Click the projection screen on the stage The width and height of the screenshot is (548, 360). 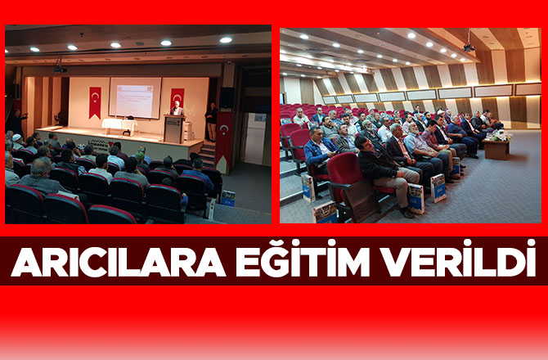click(x=135, y=98)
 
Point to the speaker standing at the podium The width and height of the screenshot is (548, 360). click(x=175, y=110)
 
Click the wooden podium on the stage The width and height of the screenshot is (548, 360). click(x=173, y=128)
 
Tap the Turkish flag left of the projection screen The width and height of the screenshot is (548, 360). click(x=95, y=101)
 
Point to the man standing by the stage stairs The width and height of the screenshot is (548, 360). click(x=211, y=120)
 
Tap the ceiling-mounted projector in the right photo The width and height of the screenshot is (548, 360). click(x=469, y=47)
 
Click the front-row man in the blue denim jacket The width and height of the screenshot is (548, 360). click(x=318, y=155)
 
